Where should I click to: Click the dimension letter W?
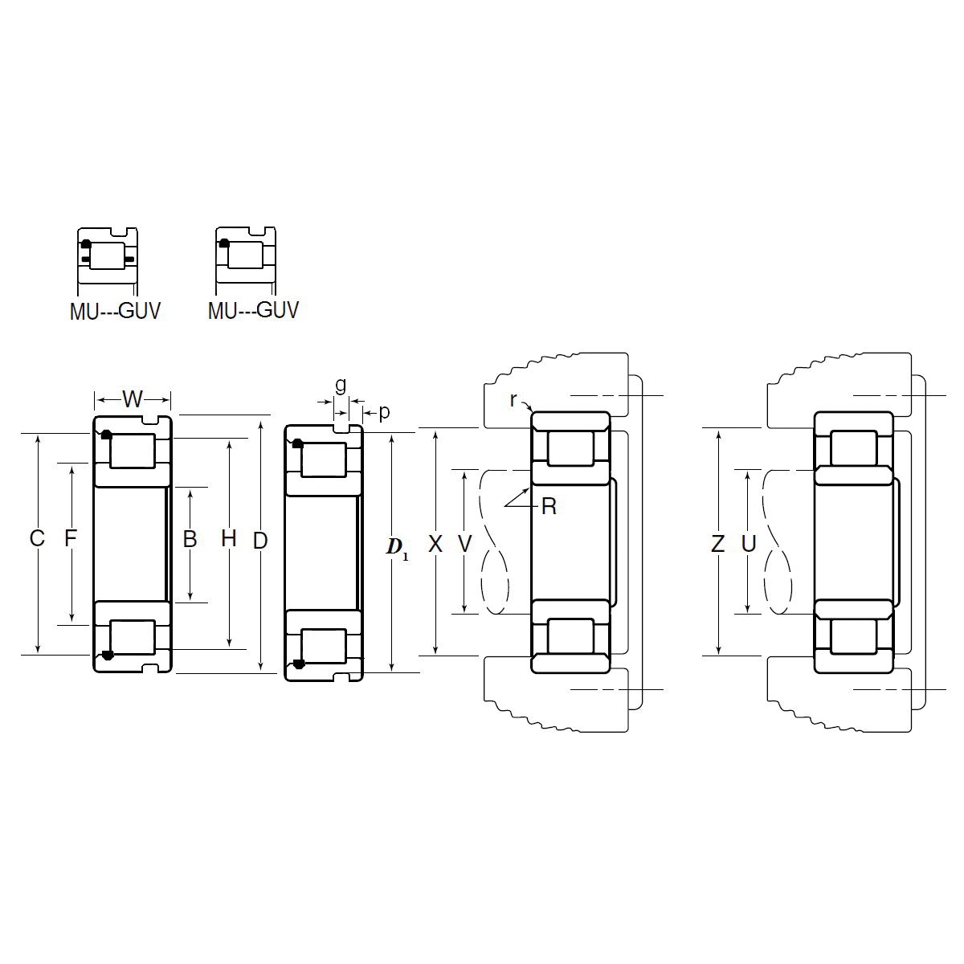tap(133, 398)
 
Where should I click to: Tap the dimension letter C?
tap(37, 539)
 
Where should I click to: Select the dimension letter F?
tap(71, 539)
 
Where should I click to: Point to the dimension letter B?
tap(190, 539)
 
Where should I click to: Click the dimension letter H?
tap(229, 539)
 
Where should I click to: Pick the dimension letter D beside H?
tap(260, 541)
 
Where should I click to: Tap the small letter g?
tap(341, 385)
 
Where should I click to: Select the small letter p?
tap(384, 412)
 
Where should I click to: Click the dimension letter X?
tap(435, 545)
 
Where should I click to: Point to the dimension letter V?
tap(464, 545)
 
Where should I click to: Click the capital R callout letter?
tap(549, 507)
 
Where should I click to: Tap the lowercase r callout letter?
tap(513, 399)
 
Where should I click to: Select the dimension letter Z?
tap(718, 545)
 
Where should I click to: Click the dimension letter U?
tap(749, 545)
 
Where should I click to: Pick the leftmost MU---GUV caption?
tap(115, 311)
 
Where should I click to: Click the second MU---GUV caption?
tap(253, 310)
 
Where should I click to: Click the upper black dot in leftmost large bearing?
tap(106, 435)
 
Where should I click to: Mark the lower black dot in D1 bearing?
tap(299, 664)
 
